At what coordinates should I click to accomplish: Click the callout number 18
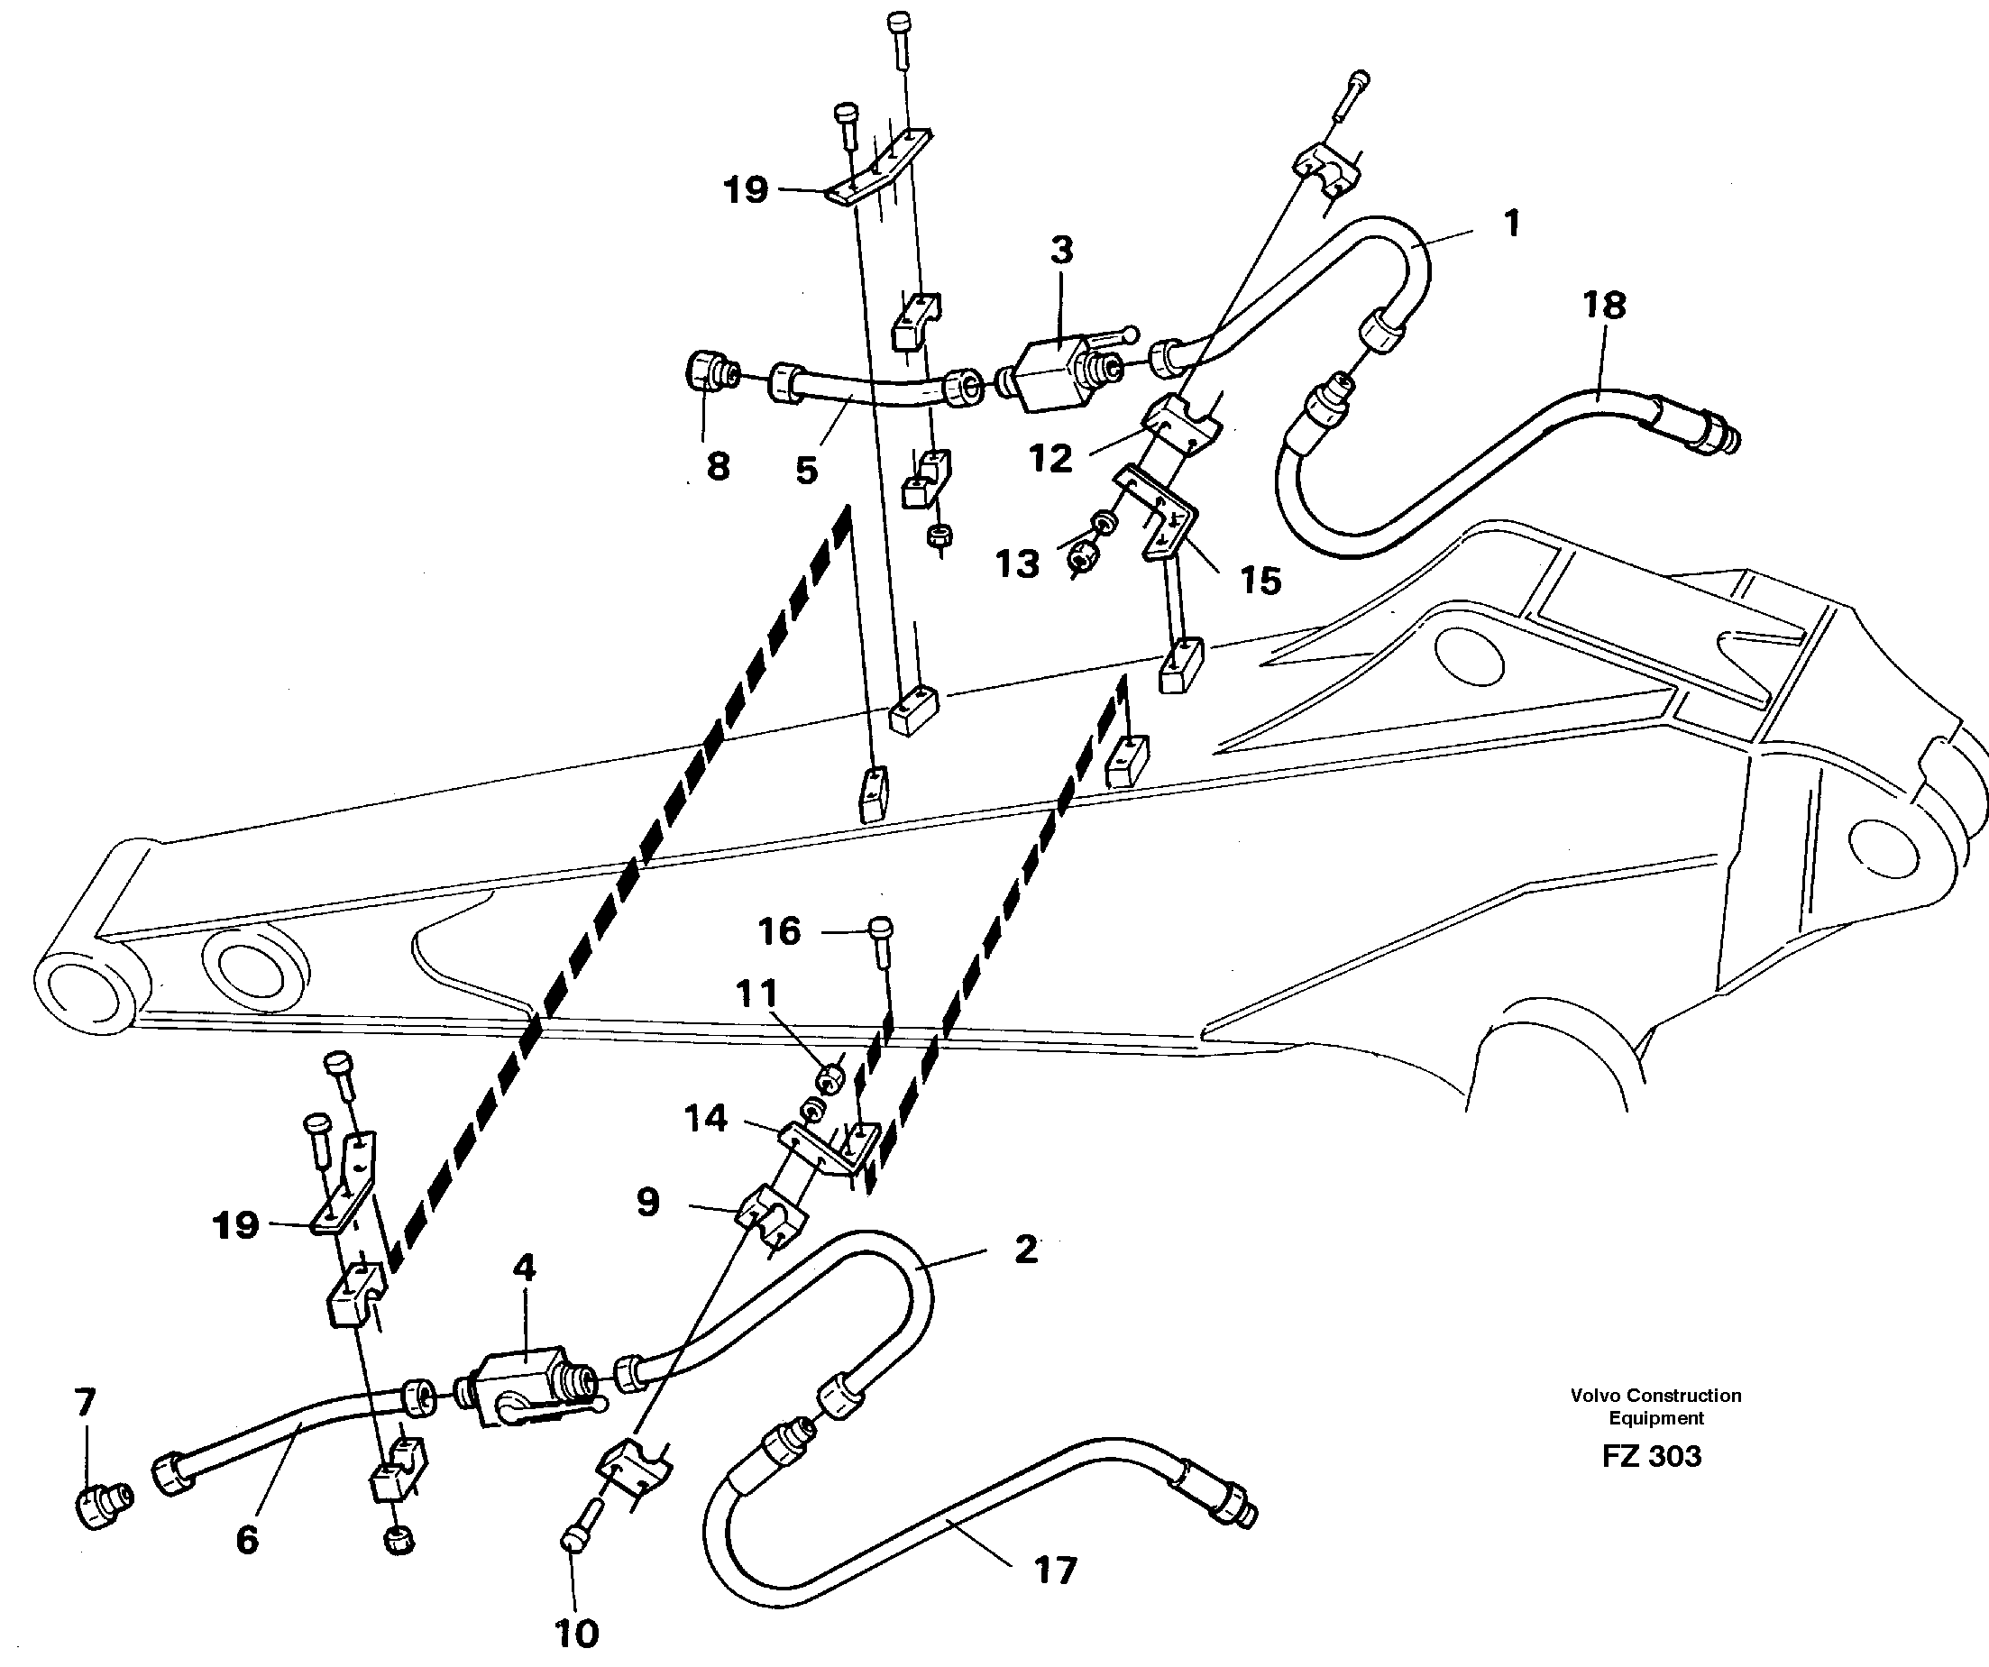1603,306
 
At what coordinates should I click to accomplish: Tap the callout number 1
1512,224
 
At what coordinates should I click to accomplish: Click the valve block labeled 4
523,1385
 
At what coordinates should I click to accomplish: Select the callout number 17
1055,1571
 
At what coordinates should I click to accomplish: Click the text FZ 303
1651,1456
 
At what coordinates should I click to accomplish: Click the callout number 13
1017,564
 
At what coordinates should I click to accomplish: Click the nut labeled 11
830,1078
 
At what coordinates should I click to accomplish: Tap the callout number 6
247,1540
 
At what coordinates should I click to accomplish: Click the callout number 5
806,470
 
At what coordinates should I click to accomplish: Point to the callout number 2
1026,1250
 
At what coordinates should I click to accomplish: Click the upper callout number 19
746,190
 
